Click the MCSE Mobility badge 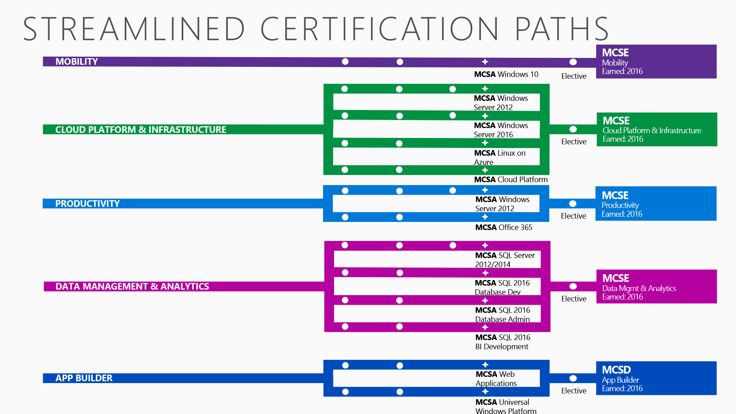pyautogui.click(x=656, y=61)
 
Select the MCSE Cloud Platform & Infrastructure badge pyautogui.click(x=657, y=129)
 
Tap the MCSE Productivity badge pyautogui.click(x=656, y=204)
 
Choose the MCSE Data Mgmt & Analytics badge pyautogui.click(x=657, y=286)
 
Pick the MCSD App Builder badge pyautogui.click(x=656, y=378)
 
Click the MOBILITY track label pyautogui.click(x=77, y=61)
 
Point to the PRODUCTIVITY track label pyautogui.click(x=88, y=204)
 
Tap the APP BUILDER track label pyautogui.click(x=84, y=378)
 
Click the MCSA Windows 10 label pyautogui.click(x=506, y=74)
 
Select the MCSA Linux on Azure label pyautogui.click(x=500, y=158)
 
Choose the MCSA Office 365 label pyautogui.click(x=504, y=227)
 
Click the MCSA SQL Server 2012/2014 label pyautogui.click(x=505, y=260)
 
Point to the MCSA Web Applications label pyautogui.click(x=496, y=379)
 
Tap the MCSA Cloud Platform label pyautogui.click(x=511, y=180)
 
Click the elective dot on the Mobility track pyautogui.click(x=573, y=62)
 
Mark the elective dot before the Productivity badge pyautogui.click(x=573, y=204)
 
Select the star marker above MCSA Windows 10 pyautogui.click(x=485, y=61)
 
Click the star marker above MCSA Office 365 pyautogui.click(x=485, y=217)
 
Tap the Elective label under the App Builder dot pyautogui.click(x=574, y=391)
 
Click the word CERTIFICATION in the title pyautogui.click(x=380, y=29)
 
